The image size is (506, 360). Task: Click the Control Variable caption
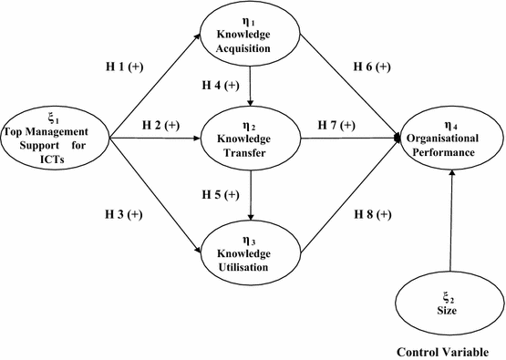(449, 351)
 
